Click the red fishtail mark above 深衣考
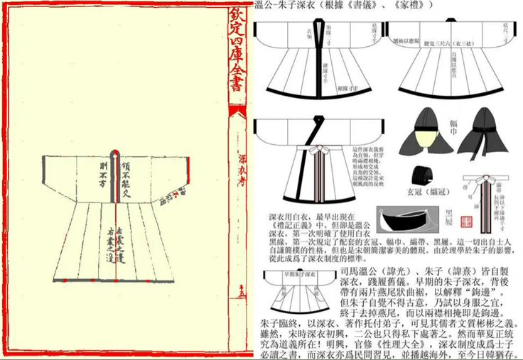238,113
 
